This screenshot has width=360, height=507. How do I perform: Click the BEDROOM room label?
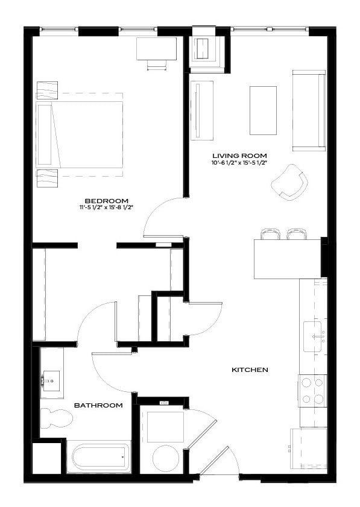[107, 201]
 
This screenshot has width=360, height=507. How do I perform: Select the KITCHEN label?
[250, 370]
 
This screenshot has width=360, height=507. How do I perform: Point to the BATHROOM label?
[98, 405]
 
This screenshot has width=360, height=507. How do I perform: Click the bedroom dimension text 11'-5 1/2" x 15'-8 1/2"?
[107, 208]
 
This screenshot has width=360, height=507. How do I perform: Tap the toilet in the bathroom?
[56, 418]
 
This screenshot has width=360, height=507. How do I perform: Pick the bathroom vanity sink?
[51, 380]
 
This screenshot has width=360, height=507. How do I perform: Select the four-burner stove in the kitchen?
[312, 391]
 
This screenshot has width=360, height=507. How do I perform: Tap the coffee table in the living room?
[263, 110]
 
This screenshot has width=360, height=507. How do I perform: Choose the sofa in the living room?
[309, 110]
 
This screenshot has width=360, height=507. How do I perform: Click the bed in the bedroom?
[80, 134]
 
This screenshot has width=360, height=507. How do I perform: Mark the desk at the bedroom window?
[156, 48]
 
